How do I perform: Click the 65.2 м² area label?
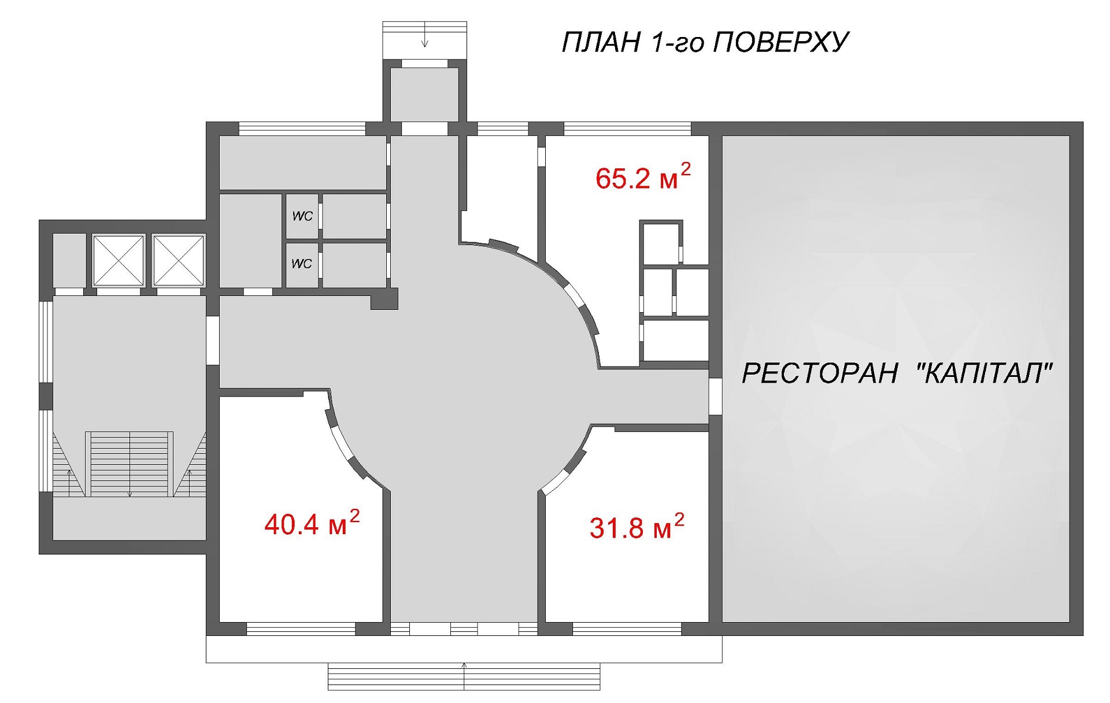point(643,177)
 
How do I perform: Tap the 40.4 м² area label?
point(312,524)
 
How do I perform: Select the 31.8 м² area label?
point(637,527)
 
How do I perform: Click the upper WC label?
point(302,216)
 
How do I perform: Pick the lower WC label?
point(302,264)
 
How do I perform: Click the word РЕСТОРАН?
point(820,373)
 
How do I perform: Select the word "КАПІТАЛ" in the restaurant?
point(985,373)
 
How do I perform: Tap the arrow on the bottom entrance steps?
point(464,676)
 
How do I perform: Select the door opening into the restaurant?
point(716,396)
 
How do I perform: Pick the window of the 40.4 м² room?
point(301,629)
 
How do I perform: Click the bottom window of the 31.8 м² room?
point(627,629)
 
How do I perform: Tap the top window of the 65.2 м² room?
point(627,128)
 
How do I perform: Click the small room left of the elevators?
point(69,260)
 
